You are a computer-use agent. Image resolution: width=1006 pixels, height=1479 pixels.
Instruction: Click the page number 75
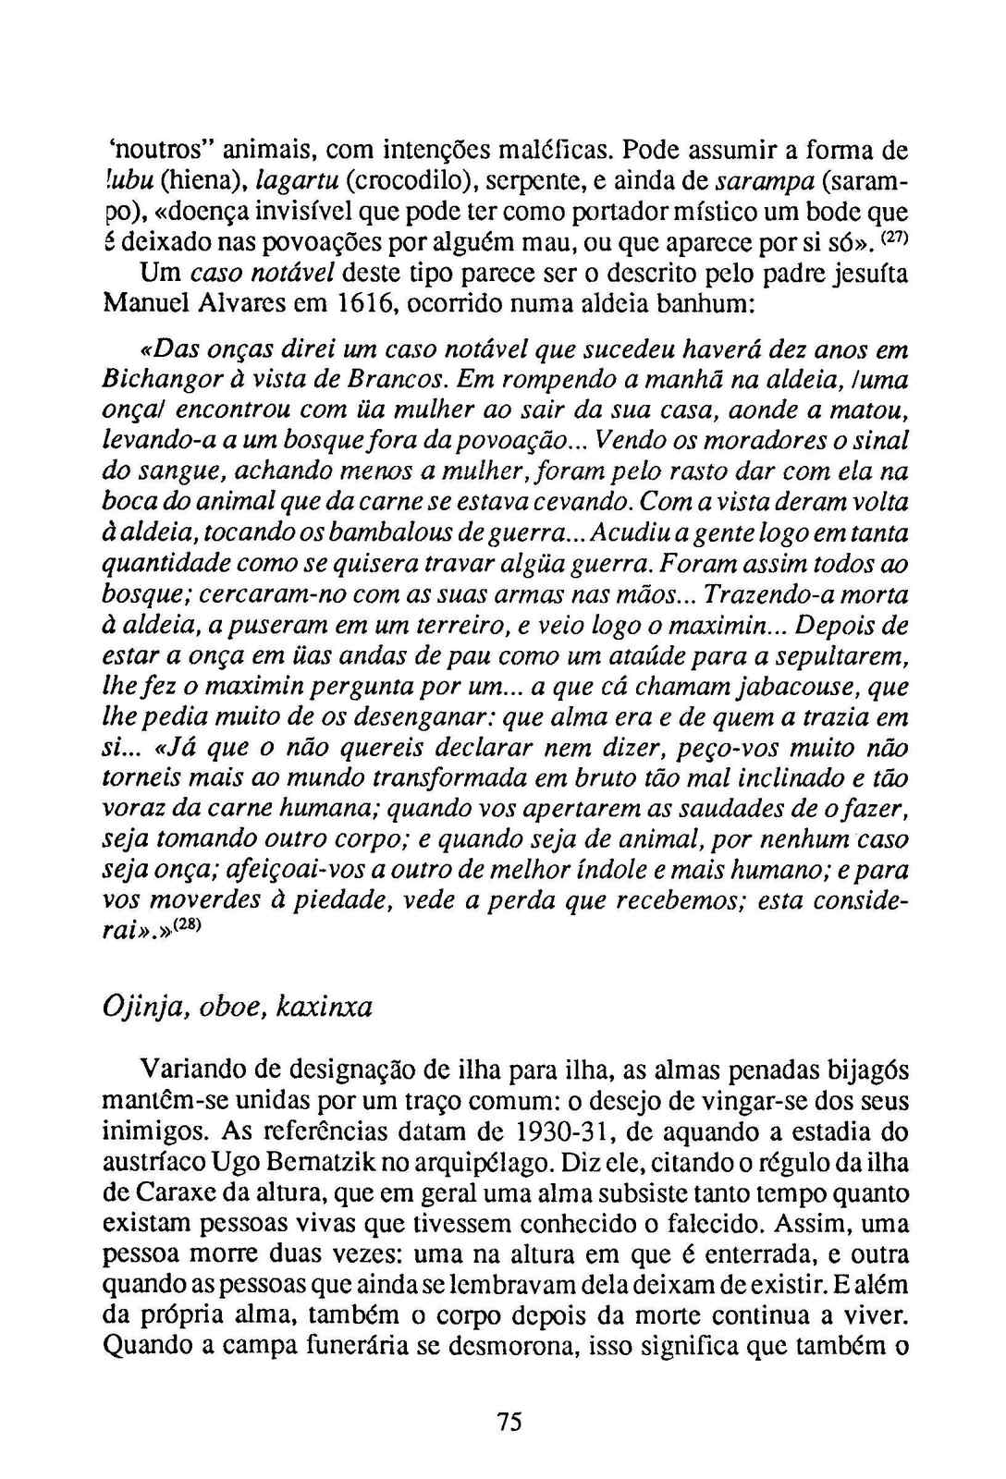[x=509, y=1420]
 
